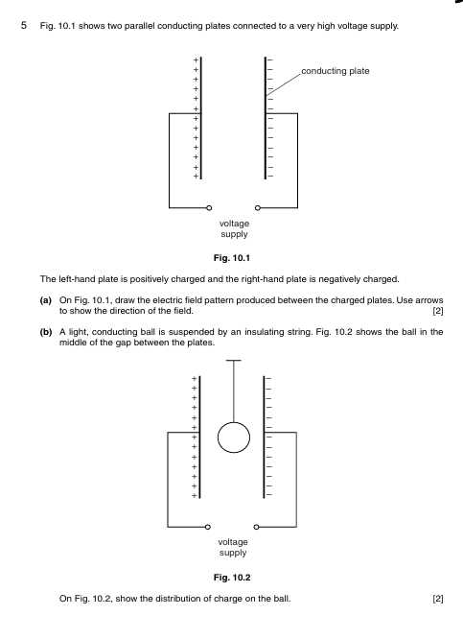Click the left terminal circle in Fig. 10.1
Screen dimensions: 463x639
pyautogui.click(x=210, y=207)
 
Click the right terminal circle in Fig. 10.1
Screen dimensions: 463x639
pyautogui.click(x=257, y=207)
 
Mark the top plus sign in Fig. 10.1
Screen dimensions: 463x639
pyautogui.click(x=196, y=60)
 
